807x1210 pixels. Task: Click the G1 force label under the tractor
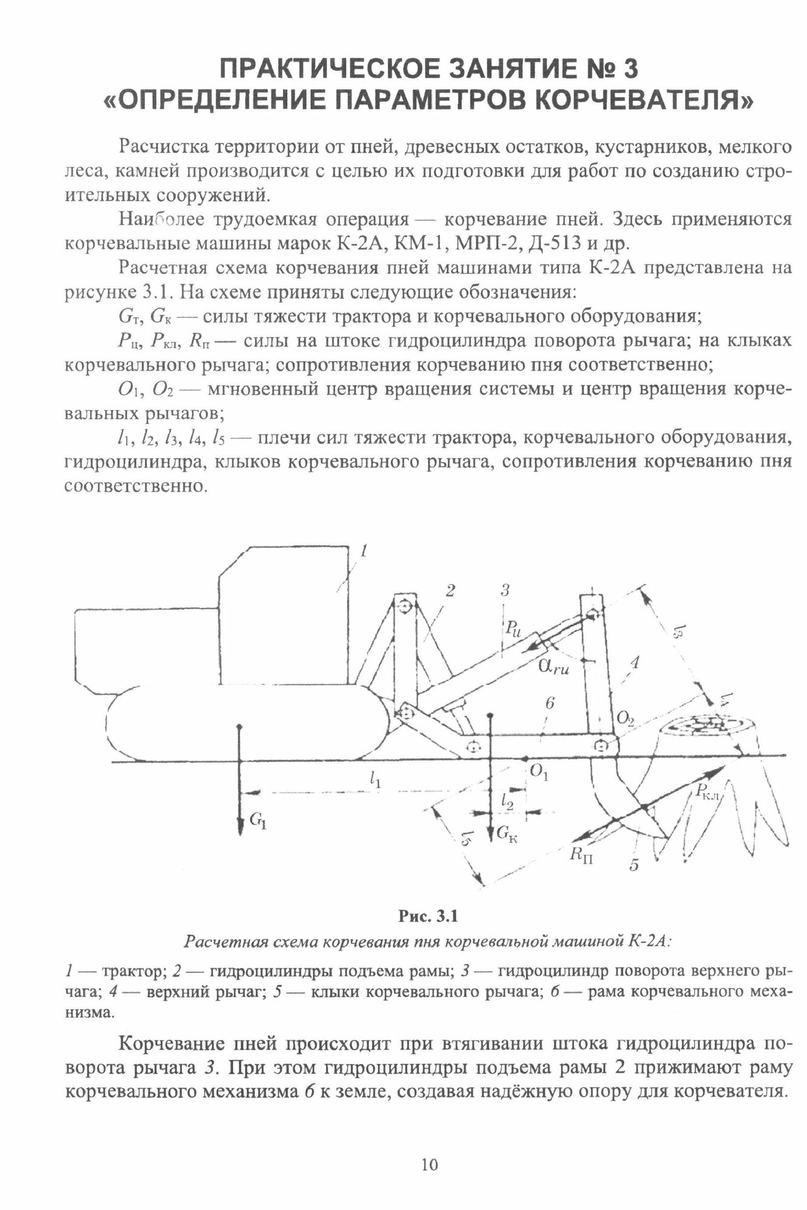click(x=258, y=820)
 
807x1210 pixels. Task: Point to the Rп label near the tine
click(x=581, y=854)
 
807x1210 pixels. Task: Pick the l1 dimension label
click(x=375, y=780)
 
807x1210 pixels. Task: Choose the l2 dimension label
click(x=507, y=801)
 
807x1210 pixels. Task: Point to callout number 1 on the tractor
click(x=364, y=551)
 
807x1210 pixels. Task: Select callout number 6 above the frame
click(x=549, y=703)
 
